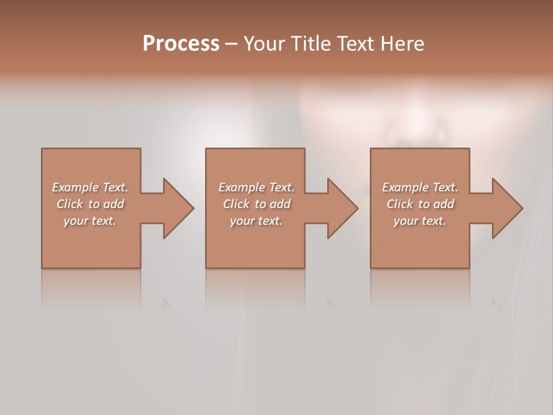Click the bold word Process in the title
(181, 44)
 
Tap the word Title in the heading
(310, 44)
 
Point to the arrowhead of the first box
(177, 208)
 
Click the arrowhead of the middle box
(342, 208)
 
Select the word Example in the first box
(75, 187)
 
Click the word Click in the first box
(70, 204)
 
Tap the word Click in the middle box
(236, 204)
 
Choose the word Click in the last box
(400, 204)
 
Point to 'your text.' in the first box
(90, 221)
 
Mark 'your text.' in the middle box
(256, 221)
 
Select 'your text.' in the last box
(420, 221)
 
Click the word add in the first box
(114, 204)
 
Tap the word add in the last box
(444, 204)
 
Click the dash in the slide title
(232, 44)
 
